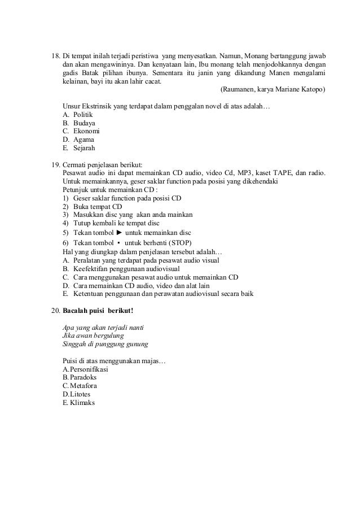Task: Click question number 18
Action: (x=55, y=57)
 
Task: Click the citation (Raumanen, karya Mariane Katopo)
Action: (x=273, y=89)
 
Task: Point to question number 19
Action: (x=55, y=163)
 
